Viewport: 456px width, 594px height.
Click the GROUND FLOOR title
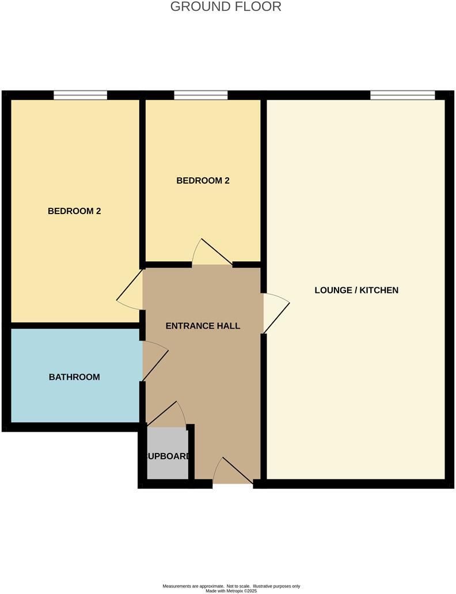click(226, 7)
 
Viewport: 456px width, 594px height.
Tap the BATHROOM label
click(74, 378)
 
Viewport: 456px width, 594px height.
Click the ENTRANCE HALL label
click(203, 326)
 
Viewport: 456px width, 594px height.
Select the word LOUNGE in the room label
click(332, 290)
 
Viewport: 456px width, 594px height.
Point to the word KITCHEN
click(379, 290)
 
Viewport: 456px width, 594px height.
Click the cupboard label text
click(168, 456)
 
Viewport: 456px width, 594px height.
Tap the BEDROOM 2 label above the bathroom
click(74, 211)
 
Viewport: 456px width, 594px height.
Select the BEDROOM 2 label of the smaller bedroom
click(203, 181)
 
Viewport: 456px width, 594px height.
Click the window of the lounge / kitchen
click(402, 95)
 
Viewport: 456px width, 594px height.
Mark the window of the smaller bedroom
click(200, 95)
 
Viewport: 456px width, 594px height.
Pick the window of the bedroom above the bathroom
click(81, 95)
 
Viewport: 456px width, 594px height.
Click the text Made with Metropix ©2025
click(231, 591)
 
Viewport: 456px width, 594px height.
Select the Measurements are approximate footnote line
click(231, 586)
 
